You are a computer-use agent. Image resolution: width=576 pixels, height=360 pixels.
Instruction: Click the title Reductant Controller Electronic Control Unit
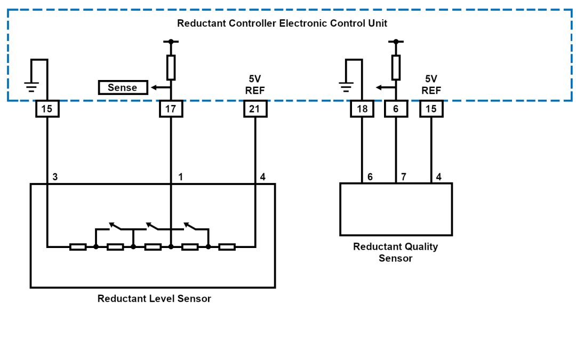coord(282,23)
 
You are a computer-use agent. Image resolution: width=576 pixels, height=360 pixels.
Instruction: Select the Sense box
coord(123,87)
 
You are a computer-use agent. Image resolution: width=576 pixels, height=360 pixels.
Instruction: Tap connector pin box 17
coord(171,109)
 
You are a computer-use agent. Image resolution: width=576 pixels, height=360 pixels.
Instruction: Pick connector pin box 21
coord(255,109)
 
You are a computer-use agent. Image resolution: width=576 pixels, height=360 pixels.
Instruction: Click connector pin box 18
coord(362,109)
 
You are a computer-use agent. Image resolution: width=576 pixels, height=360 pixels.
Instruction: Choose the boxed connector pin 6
coord(396,109)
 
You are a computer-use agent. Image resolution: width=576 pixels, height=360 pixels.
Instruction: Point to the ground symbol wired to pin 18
coord(346,87)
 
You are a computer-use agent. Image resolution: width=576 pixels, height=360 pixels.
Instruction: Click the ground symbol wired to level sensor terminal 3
coord(31,87)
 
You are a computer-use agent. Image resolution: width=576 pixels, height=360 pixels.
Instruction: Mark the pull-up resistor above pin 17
coord(171,67)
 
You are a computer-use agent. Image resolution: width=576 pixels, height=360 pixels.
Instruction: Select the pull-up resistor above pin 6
coord(396,67)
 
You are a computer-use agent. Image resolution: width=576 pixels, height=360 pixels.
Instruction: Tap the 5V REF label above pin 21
coord(255,85)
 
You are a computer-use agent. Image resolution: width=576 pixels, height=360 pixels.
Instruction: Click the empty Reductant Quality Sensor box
coord(396,210)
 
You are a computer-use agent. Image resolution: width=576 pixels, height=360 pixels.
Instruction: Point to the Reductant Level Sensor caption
coord(154,299)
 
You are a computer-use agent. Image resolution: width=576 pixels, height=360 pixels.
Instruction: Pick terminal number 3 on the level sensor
coord(54,177)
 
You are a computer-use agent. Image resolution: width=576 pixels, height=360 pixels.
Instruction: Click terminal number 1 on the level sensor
coord(180,177)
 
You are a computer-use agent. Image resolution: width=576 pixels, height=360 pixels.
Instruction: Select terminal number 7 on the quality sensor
coord(404,177)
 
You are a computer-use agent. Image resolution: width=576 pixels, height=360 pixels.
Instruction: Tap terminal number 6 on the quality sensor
coord(370,177)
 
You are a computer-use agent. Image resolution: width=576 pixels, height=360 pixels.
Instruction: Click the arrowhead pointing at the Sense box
coord(152,87)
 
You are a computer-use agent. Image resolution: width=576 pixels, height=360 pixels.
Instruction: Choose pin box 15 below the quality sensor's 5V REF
coord(431,109)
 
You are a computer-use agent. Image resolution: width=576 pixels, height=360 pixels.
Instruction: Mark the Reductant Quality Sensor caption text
coord(396,252)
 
